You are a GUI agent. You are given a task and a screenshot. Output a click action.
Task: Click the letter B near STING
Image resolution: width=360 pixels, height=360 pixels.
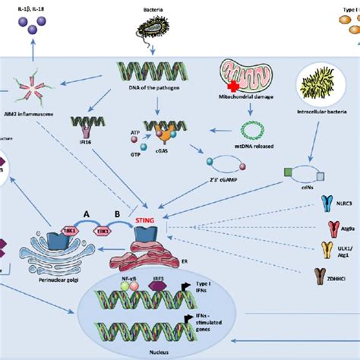(117, 214)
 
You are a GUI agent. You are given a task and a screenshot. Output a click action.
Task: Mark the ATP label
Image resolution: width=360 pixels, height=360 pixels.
(135, 131)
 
